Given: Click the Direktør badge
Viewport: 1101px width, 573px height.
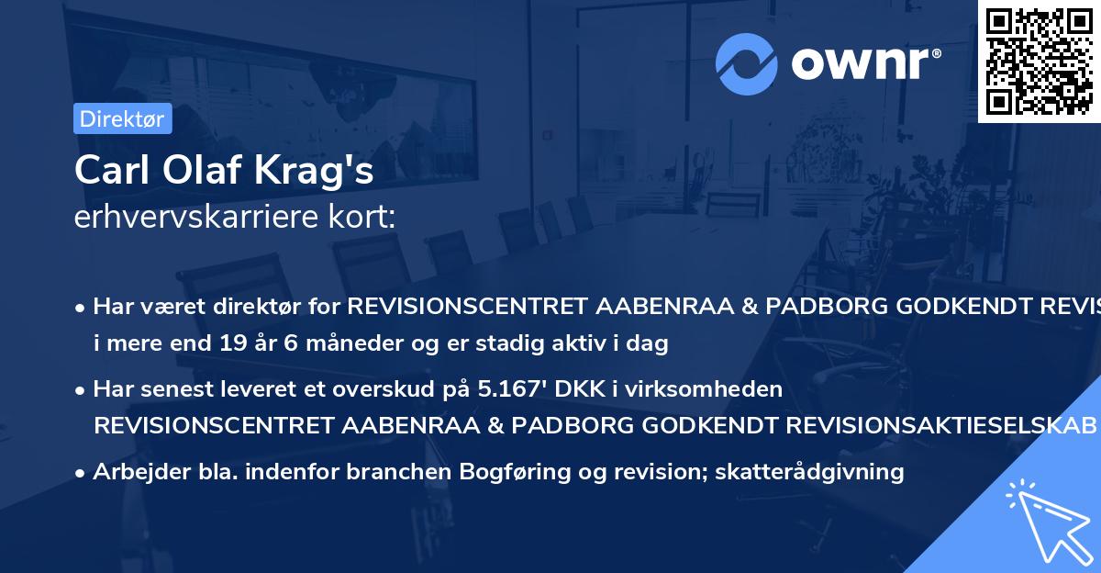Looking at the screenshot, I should click(122, 118).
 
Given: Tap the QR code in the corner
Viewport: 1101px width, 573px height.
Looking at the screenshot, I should click(1039, 61).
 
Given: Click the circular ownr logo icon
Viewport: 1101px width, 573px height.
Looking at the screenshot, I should click(747, 63).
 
